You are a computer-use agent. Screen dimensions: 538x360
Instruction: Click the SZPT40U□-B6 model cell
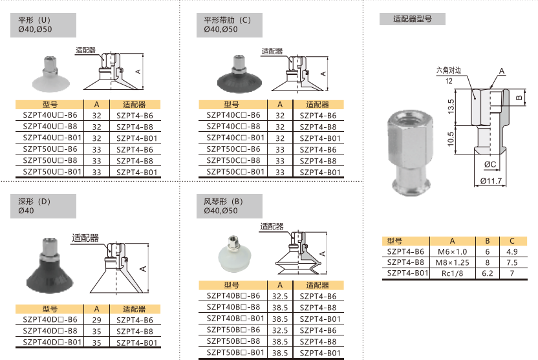(x=50, y=115)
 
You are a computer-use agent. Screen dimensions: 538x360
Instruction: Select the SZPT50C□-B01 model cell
(x=235, y=171)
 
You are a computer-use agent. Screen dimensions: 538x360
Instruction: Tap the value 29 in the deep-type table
(x=97, y=320)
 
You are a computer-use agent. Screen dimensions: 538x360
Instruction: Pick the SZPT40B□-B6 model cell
(x=233, y=295)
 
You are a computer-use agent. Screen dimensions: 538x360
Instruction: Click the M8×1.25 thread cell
(x=452, y=262)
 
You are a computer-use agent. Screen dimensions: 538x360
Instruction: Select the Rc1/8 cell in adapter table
(x=452, y=273)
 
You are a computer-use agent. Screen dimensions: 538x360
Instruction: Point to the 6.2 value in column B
(x=487, y=273)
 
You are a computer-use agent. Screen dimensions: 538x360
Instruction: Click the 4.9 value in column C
(x=512, y=251)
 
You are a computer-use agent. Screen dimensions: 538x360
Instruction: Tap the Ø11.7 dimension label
(x=491, y=181)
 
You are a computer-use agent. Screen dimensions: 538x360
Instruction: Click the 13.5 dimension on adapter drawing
(x=451, y=106)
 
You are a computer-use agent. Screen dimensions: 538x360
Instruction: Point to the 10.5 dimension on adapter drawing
(x=451, y=139)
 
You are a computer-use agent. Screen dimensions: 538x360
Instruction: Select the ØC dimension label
(x=490, y=164)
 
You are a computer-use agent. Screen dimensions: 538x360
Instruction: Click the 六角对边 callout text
(x=449, y=70)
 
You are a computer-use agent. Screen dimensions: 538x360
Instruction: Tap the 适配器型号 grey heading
(x=413, y=19)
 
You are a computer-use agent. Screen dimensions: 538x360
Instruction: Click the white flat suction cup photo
(x=51, y=74)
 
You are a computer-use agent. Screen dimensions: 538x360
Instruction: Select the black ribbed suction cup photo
(x=239, y=74)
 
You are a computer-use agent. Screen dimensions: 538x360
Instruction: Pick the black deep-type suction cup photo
(x=50, y=265)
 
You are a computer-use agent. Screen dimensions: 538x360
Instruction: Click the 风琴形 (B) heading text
(x=223, y=202)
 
